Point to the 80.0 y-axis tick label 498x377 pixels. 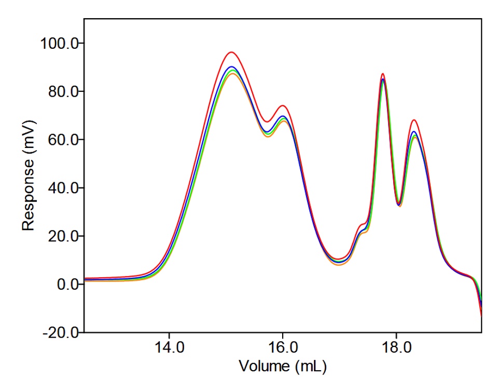click(x=62, y=91)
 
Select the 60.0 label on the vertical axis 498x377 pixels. click(x=62, y=140)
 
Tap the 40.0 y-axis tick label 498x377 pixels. click(x=62, y=187)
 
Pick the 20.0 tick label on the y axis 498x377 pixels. click(x=62, y=236)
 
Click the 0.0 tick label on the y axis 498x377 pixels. click(x=65, y=284)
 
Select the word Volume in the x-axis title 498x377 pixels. click(x=260, y=367)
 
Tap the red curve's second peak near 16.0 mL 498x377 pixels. click(x=283, y=106)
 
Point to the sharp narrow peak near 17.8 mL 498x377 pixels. click(x=382, y=74)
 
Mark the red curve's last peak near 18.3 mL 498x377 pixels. click(x=413, y=120)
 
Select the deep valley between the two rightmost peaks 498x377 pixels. click(x=399, y=205)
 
